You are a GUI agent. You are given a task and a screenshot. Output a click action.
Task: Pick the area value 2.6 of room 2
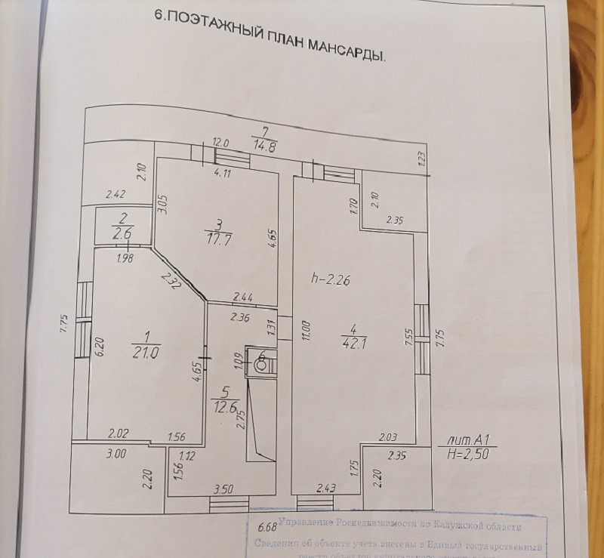click(122, 233)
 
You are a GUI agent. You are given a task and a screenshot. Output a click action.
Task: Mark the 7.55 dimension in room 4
click(408, 337)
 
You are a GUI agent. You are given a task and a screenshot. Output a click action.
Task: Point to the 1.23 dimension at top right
click(421, 158)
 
